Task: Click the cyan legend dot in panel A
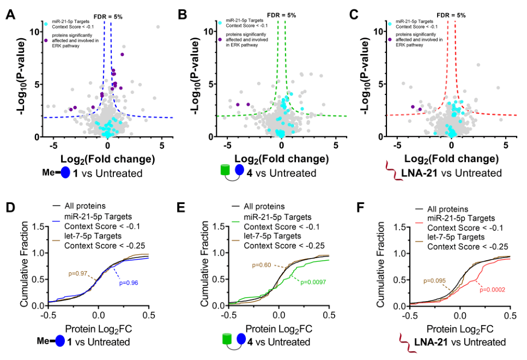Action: [47, 23]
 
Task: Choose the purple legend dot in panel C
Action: [391, 38]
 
